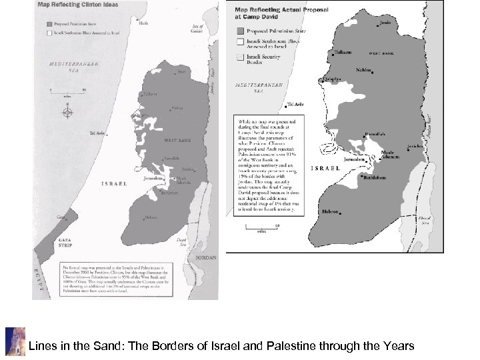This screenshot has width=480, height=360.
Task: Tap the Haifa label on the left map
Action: click(143, 21)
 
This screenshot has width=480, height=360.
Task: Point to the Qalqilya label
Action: click(333, 77)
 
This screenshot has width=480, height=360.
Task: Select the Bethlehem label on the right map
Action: click(375, 179)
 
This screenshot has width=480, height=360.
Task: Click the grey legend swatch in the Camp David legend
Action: click(240, 30)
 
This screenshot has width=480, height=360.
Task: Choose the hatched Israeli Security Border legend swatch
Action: click(240, 59)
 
